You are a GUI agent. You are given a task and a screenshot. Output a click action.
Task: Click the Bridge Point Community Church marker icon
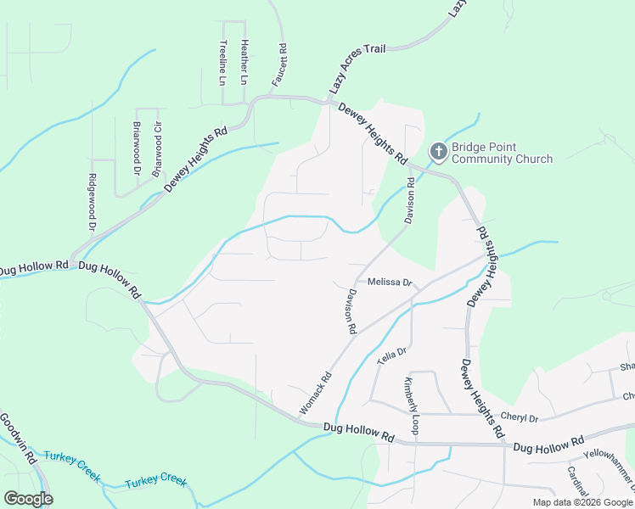tap(438, 152)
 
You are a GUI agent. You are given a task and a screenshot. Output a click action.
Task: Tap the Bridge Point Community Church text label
tap(501, 153)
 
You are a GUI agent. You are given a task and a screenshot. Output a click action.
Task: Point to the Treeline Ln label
tap(223, 63)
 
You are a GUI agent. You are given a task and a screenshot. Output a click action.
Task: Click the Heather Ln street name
tap(244, 62)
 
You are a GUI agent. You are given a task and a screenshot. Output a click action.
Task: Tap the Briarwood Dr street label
tap(137, 148)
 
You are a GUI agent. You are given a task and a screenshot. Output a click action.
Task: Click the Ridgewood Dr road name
tap(92, 203)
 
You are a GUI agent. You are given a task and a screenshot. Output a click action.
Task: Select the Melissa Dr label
tap(390, 282)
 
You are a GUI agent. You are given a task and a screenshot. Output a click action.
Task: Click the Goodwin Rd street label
tap(17, 438)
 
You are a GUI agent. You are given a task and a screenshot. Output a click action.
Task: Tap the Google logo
tap(28, 498)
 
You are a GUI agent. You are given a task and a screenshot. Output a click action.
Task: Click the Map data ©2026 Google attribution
tap(582, 502)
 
